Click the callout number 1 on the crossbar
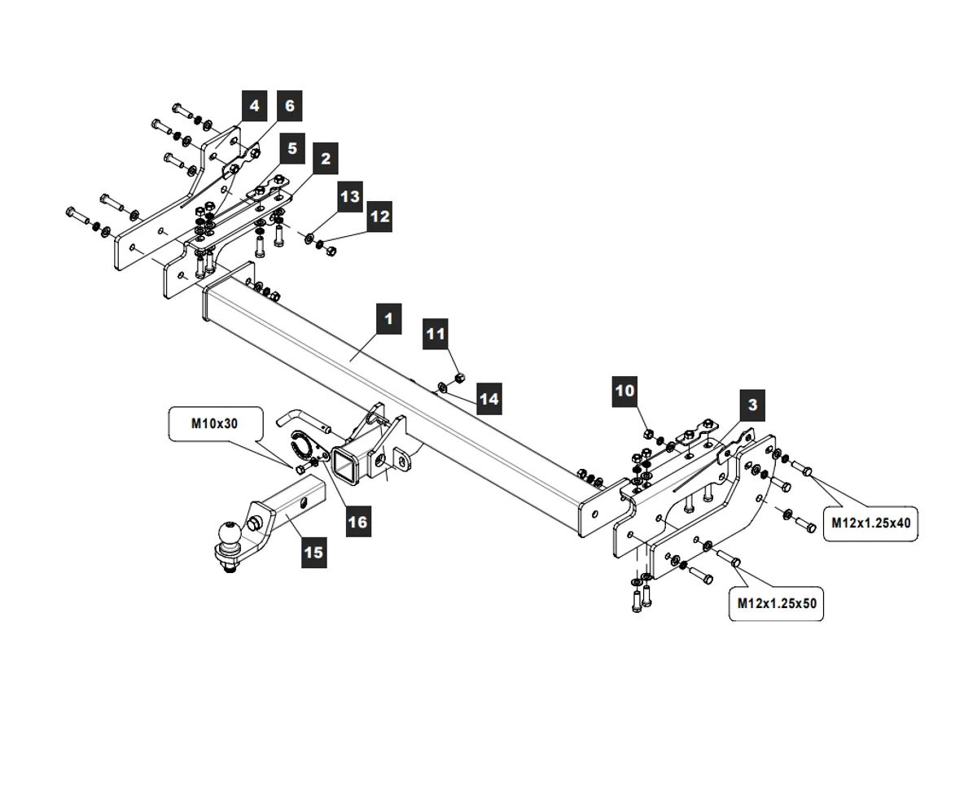388,318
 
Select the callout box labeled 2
325,159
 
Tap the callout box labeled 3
751,405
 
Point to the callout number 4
254,107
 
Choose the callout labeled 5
291,149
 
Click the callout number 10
624,391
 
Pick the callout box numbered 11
436,334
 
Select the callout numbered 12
379,217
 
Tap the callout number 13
349,197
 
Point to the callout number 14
488,400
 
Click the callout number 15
313,553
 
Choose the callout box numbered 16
357,521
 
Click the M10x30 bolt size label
215,423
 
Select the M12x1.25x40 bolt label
870,523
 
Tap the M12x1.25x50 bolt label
777,603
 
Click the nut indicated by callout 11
458,377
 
